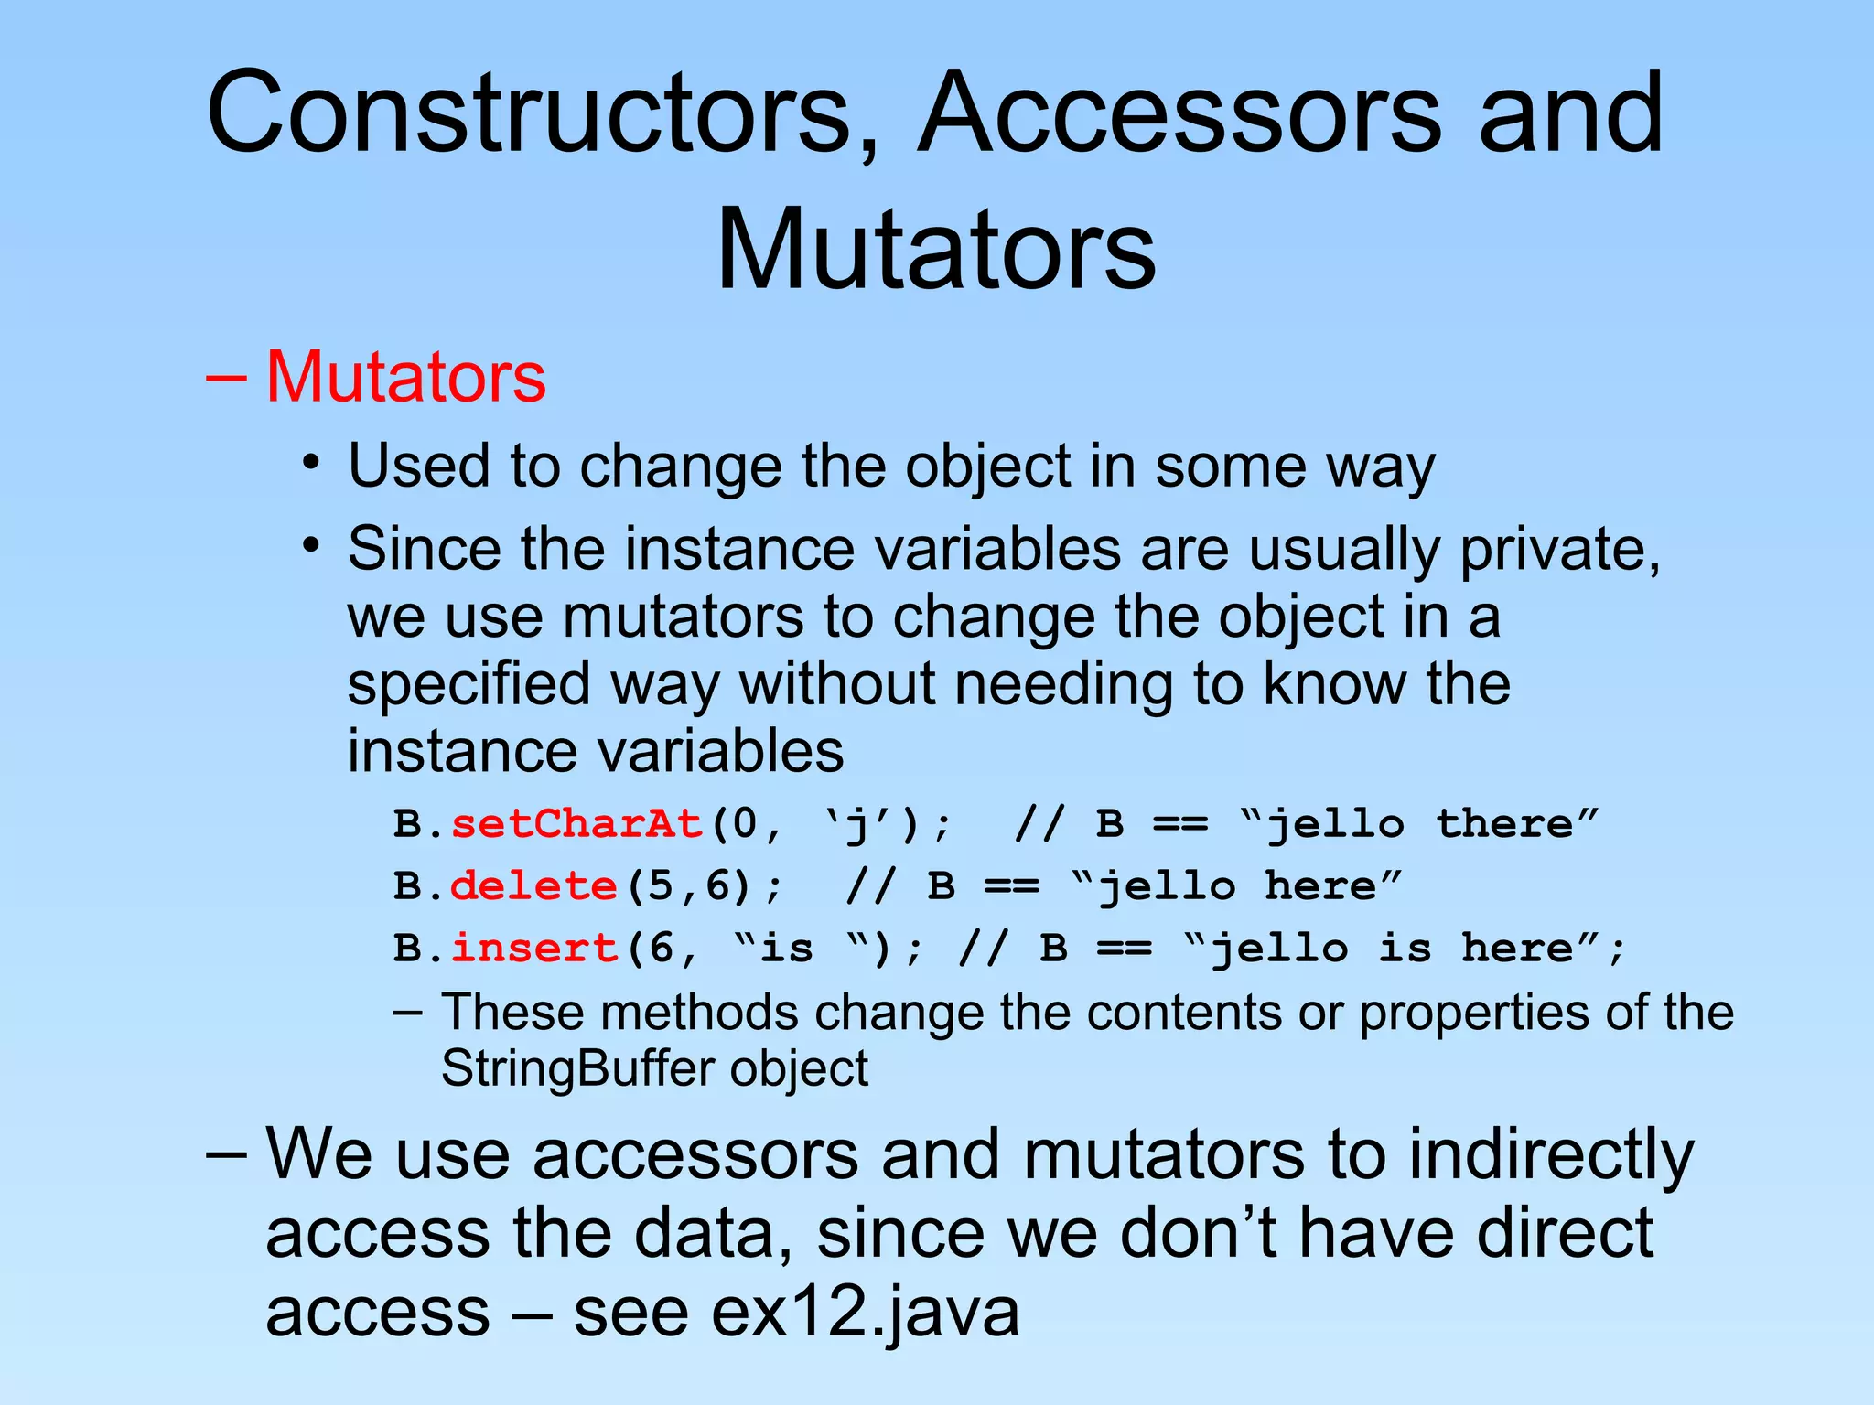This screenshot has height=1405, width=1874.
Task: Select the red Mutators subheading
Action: (x=405, y=377)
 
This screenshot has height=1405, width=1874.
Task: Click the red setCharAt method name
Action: (x=576, y=824)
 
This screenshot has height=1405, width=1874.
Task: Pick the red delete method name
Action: (x=533, y=886)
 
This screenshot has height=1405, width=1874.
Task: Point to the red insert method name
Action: (x=534, y=948)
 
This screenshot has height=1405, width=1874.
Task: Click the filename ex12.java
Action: (x=865, y=1311)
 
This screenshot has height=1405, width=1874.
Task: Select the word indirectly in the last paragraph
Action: (x=1551, y=1154)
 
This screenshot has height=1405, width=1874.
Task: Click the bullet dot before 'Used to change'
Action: (x=312, y=461)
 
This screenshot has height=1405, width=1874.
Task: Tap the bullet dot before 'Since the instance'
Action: (x=312, y=545)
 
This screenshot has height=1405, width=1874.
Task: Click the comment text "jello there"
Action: (x=1418, y=824)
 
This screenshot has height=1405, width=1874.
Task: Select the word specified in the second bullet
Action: (x=468, y=685)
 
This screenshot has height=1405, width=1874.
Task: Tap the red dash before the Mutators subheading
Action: (x=225, y=377)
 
